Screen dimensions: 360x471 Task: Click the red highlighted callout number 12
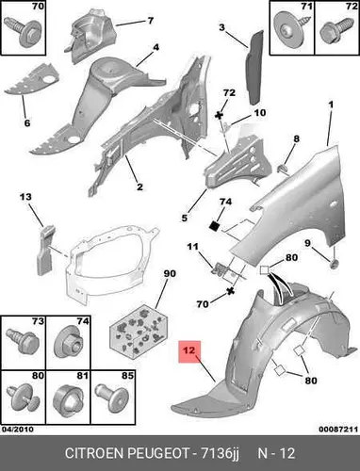point(189,351)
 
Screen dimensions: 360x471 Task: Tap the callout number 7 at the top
point(151,21)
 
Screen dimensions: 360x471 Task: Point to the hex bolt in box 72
point(336,30)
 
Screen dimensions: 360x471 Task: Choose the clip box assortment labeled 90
point(139,331)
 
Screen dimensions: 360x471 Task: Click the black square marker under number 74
point(215,225)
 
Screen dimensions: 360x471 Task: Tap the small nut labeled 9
point(335,265)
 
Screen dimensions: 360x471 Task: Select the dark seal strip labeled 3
point(254,68)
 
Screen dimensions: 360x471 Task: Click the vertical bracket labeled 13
point(45,250)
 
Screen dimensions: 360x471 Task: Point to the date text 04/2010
point(18,429)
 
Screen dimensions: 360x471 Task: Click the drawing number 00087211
point(338,429)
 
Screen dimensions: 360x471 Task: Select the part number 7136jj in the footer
point(220,454)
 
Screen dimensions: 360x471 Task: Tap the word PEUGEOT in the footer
point(158,453)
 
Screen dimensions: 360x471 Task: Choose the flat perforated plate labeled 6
point(32,80)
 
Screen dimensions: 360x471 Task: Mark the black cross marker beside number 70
point(231,291)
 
